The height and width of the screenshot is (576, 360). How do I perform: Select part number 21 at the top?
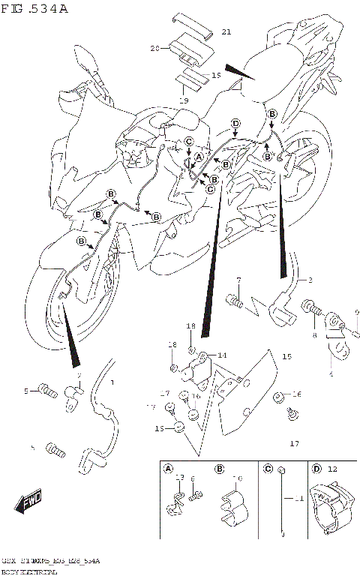[226, 31]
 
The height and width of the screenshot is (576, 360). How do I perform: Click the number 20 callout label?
[155, 49]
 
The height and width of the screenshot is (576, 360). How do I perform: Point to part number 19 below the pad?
[181, 100]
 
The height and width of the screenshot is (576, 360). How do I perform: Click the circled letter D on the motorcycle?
[235, 123]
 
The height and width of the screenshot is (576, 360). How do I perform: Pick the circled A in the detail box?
[167, 469]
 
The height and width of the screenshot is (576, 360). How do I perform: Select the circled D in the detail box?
[316, 469]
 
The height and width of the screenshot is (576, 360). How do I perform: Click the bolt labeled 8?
[312, 307]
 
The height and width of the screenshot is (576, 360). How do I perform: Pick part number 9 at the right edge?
[357, 313]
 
